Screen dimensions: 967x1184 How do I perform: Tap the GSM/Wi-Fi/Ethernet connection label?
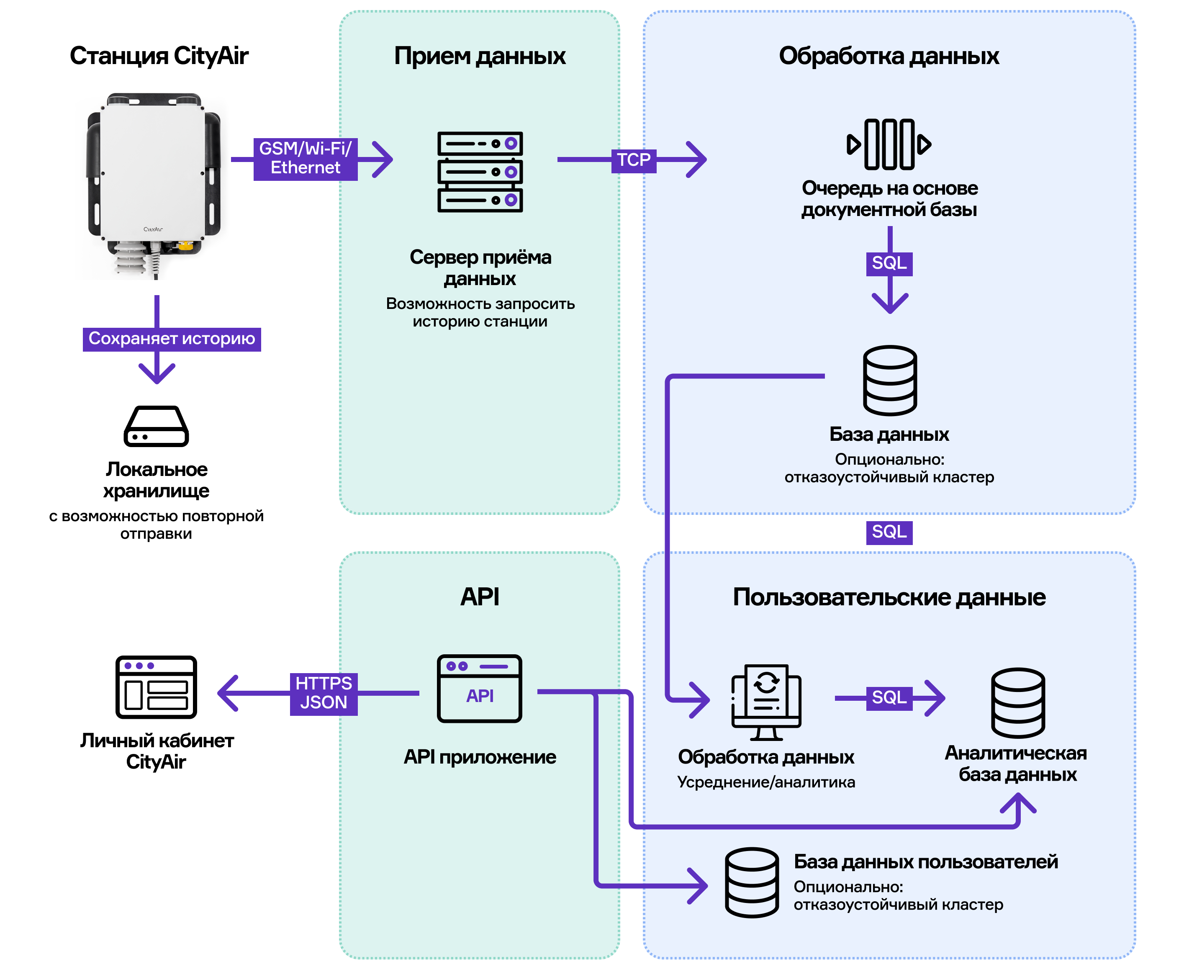coord(305,159)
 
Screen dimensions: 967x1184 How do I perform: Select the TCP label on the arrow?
coord(633,160)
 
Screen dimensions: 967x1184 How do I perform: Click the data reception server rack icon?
coord(480,172)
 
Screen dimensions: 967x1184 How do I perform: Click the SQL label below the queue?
coord(889,263)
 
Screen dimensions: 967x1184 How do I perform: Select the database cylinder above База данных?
coord(889,381)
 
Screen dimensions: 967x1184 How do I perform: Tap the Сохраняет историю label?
coord(172,339)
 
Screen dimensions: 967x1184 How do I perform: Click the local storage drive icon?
coord(156,426)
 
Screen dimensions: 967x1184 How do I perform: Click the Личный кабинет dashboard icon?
coord(156,687)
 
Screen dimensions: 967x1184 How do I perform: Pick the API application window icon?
coord(480,689)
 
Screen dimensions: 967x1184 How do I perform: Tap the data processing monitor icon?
coord(766,702)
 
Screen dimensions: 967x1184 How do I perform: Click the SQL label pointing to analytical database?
coord(889,698)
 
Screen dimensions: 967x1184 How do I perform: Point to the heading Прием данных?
coord(480,56)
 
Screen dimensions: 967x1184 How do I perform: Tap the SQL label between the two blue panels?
coord(889,532)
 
